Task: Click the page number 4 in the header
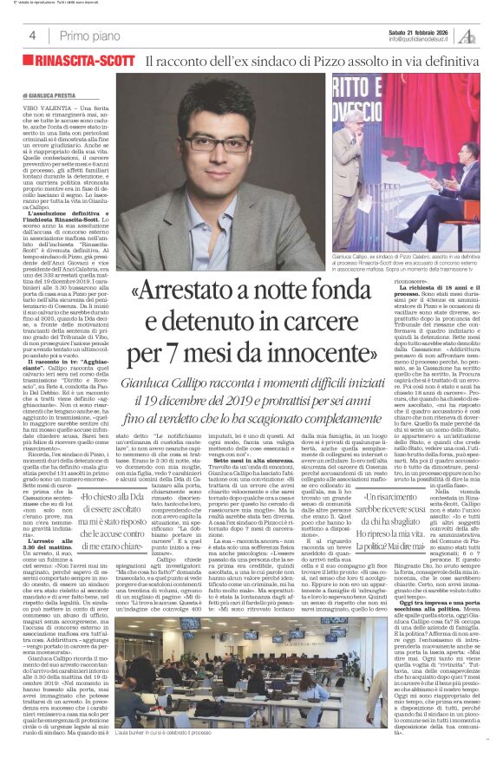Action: [x=32, y=36]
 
